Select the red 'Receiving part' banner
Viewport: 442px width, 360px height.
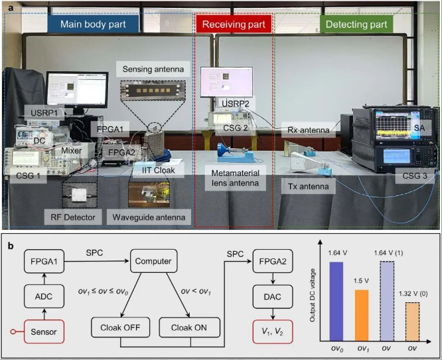[x=233, y=25]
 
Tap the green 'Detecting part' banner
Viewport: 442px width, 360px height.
[x=356, y=25]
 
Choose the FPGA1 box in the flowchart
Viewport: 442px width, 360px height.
[x=44, y=261]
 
